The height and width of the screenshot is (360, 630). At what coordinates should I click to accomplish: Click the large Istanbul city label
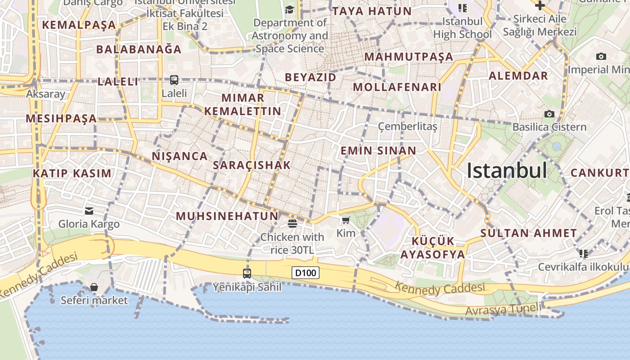(x=507, y=171)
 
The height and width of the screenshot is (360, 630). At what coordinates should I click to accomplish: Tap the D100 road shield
(x=306, y=273)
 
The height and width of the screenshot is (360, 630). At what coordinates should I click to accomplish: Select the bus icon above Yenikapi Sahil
(x=247, y=273)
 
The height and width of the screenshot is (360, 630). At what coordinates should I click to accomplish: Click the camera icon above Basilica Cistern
(x=549, y=114)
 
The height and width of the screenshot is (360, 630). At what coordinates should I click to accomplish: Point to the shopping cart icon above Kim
(x=346, y=220)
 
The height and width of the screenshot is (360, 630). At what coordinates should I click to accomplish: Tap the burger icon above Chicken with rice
(x=292, y=223)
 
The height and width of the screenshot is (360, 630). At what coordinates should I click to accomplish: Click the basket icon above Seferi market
(x=94, y=287)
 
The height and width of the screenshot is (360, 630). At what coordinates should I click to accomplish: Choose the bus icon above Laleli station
(x=174, y=80)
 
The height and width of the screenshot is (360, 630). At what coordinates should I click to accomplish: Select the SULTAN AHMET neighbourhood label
(x=528, y=233)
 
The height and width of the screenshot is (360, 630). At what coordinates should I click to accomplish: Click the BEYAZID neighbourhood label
(x=310, y=77)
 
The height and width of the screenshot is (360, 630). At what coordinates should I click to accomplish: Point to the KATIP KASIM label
(x=72, y=173)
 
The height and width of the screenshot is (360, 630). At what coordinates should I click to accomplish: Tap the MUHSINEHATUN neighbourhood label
(x=227, y=216)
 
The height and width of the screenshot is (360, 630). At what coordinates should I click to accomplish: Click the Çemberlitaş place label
(x=407, y=126)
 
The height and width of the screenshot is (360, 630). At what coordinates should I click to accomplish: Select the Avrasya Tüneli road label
(x=503, y=309)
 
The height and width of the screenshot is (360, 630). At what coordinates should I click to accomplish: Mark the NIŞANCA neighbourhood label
(x=180, y=157)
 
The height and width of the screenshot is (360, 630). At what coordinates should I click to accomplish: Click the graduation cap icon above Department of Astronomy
(x=289, y=9)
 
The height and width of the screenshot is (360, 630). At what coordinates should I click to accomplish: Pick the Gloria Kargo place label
(x=89, y=224)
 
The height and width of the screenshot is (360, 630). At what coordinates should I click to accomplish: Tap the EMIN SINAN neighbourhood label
(x=378, y=151)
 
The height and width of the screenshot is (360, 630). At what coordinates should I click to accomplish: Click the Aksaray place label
(x=45, y=94)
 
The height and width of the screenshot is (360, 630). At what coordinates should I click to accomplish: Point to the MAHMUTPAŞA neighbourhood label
(x=409, y=57)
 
